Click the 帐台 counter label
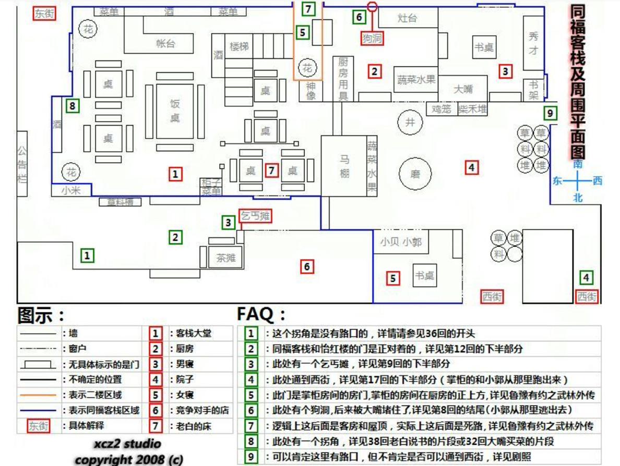(165, 44)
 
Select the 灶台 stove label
(407, 18)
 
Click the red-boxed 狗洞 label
(372, 38)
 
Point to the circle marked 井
(410, 122)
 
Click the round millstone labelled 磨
(415, 174)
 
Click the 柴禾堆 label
(473, 109)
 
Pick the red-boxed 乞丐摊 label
(255, 215)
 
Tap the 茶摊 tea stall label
(225, 257)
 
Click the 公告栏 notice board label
(22, 164)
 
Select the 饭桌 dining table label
(175, 111)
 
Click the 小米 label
(71, 191)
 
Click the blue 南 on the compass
(578, 164)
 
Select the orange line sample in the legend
(38, 395)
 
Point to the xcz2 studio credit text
(127, 444)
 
